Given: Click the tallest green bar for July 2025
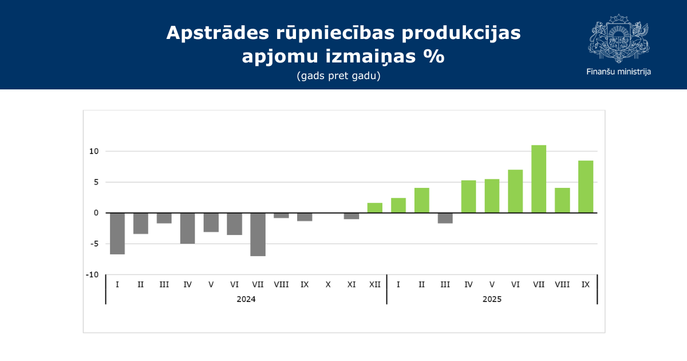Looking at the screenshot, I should (539, 179).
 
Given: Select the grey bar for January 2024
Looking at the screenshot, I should (117, 233).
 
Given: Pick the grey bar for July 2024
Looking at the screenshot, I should (258, 234).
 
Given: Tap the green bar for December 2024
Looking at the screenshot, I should (375, 208).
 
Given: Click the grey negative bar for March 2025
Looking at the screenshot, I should (445, 218).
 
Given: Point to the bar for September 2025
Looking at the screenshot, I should (586, 187).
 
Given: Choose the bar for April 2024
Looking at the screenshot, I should (187, 228).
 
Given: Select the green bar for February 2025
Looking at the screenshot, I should (422, 201).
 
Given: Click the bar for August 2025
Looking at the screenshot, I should (562, 201).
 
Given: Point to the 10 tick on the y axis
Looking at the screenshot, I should (93, 151).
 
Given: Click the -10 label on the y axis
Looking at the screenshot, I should (92, 274).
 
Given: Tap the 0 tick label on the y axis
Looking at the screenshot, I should (96, 213).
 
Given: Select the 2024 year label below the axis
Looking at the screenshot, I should (246, 299).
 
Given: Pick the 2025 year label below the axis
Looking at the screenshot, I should (492, 299).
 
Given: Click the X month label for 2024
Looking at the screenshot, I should (328, 284).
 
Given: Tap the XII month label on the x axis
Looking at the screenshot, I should (375, 284).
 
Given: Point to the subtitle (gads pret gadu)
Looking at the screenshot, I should (338, 76).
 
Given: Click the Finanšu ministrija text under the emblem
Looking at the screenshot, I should (618, 72).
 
